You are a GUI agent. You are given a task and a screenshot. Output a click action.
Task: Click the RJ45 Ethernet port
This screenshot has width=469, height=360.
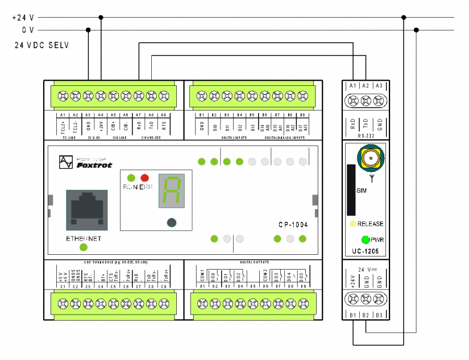87,209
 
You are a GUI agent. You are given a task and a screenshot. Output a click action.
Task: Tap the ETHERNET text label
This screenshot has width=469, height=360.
84,239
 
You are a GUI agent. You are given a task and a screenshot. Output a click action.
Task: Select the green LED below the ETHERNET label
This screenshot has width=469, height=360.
84,247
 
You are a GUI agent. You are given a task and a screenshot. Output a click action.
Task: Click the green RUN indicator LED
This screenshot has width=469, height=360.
131,177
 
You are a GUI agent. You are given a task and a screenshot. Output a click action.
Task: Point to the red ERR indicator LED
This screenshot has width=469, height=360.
144,177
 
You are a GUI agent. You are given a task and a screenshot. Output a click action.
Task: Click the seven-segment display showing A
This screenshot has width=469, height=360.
171,191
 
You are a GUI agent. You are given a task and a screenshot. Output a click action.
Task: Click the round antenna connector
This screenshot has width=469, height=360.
371,158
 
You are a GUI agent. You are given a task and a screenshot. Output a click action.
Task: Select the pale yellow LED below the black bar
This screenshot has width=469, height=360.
353,224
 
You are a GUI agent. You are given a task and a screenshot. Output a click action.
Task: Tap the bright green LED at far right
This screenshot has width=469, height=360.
366,239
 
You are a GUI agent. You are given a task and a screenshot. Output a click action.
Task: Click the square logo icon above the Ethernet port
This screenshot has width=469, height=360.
66,162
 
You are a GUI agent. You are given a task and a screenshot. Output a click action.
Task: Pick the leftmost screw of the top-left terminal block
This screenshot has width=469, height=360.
63,96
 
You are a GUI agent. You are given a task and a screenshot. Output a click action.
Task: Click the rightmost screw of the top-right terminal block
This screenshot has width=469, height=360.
302,96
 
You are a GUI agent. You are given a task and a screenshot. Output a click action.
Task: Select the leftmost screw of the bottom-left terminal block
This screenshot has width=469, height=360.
63,304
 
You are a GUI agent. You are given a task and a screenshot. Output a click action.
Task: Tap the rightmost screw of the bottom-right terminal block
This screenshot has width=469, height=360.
303,304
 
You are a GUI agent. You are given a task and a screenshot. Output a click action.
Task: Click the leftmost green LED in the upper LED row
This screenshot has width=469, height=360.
201,162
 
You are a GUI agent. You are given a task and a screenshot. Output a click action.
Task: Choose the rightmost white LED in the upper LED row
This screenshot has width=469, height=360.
302,162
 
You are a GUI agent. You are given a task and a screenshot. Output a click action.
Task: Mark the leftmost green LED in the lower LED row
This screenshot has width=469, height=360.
214,239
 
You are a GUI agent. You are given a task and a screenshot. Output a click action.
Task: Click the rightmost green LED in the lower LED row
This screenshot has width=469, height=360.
302,239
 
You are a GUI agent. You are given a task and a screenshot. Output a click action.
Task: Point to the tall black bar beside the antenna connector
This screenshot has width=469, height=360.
351,190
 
